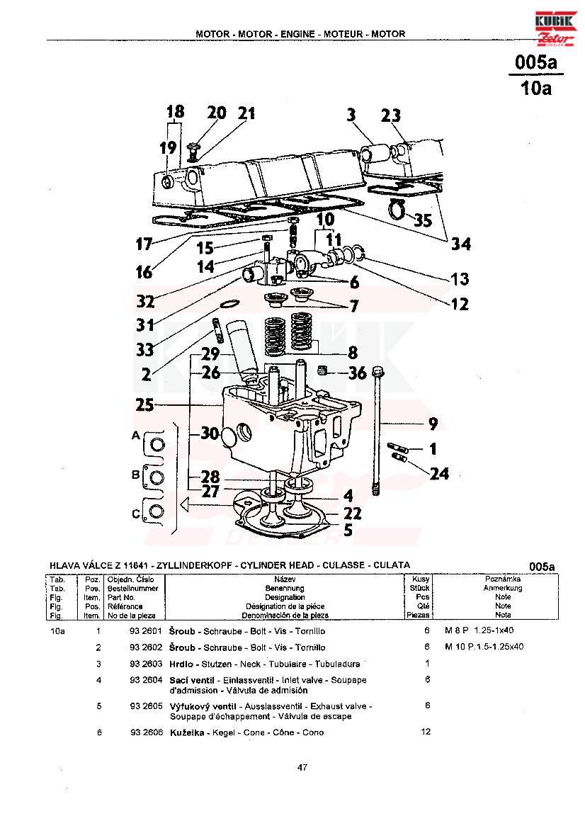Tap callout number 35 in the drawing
[422, 219]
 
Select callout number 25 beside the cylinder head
[144, 405]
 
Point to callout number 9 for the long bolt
[433, 423]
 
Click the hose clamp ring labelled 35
[397, 210]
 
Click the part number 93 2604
[146, 680]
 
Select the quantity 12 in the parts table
[426, 732]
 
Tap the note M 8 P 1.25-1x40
[479, 630]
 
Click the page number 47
[302, 767]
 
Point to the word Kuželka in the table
[187, 732]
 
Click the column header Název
[285, 579]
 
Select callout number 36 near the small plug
[357, 373]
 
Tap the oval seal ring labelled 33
[228, 304]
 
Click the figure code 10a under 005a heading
[536, 87]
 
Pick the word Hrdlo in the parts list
[181, 664]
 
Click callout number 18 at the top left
[176, 111]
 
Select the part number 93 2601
[146, 630]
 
